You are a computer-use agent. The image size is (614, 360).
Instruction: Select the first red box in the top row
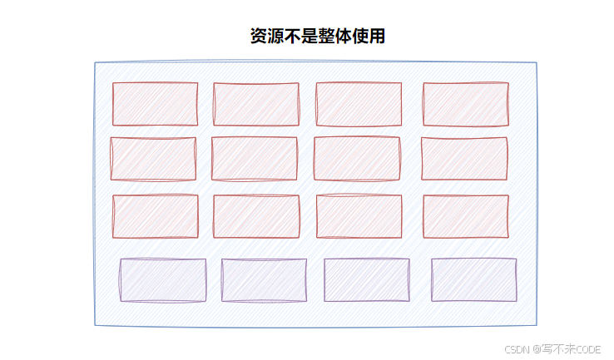(156, 104)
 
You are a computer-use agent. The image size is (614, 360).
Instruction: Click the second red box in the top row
(256, 104)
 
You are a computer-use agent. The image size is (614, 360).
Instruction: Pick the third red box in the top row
(359, 104)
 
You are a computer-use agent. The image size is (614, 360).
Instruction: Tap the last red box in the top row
(466, 104)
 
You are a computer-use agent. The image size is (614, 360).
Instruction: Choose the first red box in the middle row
(153, 159)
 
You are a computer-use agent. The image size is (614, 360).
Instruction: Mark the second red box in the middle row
(255, 159)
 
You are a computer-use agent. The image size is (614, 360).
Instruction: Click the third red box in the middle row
(357, 159)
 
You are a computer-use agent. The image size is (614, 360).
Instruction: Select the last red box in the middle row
(464, 159)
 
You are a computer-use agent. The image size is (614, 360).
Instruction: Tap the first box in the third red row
(156, 216)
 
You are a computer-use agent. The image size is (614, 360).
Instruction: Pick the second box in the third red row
(256, 216)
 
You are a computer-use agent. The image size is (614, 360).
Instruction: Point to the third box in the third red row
(359, 216)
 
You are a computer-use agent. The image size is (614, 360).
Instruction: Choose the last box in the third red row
(466, 216)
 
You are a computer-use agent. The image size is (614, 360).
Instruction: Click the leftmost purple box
(163, 280)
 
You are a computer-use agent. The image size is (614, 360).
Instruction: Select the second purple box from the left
(264, 280)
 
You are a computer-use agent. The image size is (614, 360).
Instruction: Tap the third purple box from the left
(367, 280)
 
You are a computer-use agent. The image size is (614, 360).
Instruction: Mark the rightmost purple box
(474, 280)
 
